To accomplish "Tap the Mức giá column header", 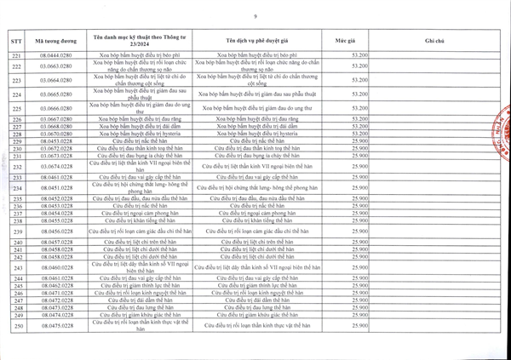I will (344, 41).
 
